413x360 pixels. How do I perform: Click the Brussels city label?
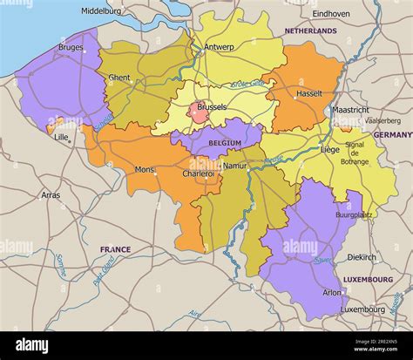click(212, 107)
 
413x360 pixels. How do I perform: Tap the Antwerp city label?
click(219, 47)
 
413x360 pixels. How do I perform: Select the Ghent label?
click(119, 78)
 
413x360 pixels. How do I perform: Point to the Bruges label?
click(71, 47)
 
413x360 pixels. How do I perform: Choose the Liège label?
click(330, 149)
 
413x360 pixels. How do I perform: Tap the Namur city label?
click(235, 165)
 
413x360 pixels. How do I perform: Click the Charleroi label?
click(198, 173)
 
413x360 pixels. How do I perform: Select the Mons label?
click(145, 169)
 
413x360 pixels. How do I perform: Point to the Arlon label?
click(332, 293)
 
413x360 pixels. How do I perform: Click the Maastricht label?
click(350, 111)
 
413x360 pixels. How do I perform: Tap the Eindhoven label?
click(331, 14)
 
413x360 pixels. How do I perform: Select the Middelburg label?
click(102, 11)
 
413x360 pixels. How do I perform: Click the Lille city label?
click(61, 137)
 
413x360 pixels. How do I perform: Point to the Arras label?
click(51, 195)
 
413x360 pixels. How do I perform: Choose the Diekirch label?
click(362, 257)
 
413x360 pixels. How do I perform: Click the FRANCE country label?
click(115, 249)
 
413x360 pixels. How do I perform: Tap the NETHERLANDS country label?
click(310, 31)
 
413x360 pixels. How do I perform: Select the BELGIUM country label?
click(225, 143)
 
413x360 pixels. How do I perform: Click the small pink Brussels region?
click(198, 113)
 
